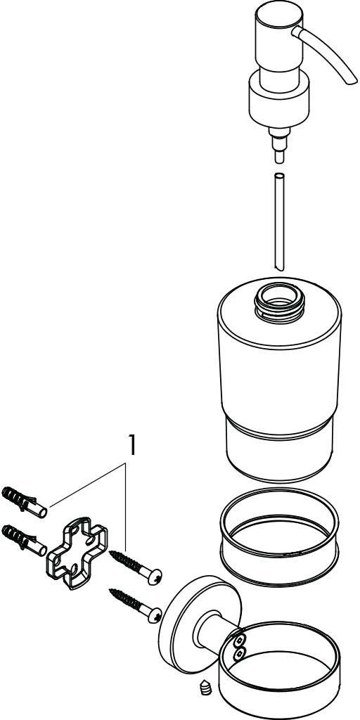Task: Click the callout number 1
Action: [x=131, y=446]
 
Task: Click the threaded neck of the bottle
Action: [x=280, y=302]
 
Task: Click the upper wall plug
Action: [x=25, y=502]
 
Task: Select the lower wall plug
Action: [x=25, y=541]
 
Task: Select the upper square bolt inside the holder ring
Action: [x=239, y=641]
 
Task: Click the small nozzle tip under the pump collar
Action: [x=279, y=146]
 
